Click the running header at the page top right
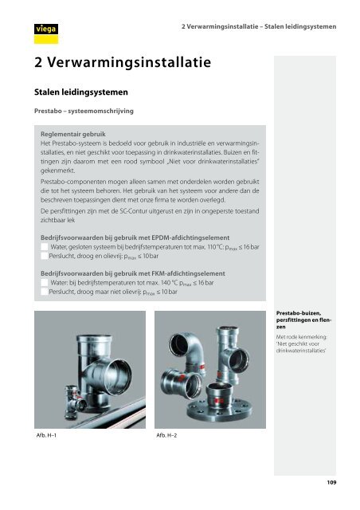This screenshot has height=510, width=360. click(259, 26)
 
